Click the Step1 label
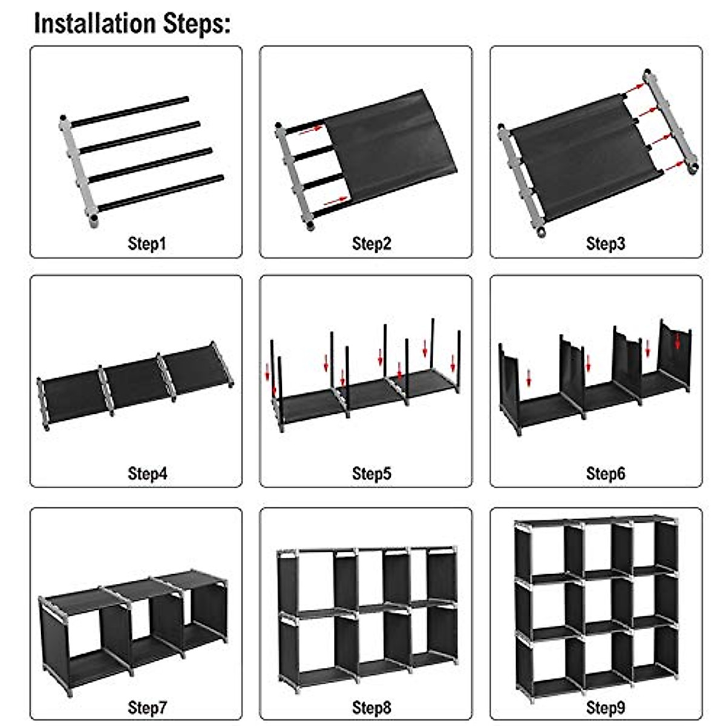[x=146, y=244]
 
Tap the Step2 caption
[x=371, y=244]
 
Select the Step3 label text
[x=605, y=244]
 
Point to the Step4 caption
[x=147, y=473]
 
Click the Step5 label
[x=371, y=473]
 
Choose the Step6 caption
[x=605, y=473]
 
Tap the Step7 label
[x=147, y=707]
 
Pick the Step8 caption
[x=371, y=707]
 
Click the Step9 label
[x=605, y=707]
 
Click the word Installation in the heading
[x=94, y=24]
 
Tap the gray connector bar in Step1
[x=77, y=169]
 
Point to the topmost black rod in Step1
[x=130, y=111]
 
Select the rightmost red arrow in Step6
[x=678, y=341]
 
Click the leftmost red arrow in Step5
[x=268, y=373]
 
